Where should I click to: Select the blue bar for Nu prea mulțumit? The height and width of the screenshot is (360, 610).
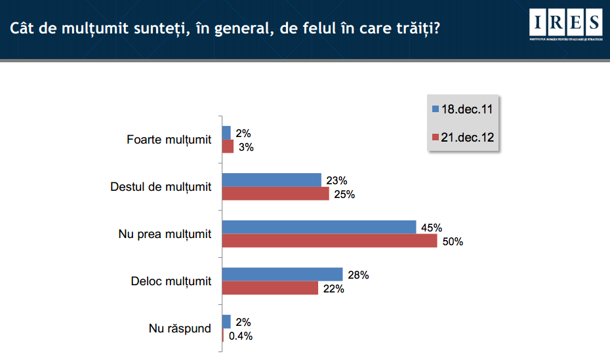(x=319, y=227)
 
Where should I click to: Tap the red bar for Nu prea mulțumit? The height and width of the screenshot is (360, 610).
(x=330, y=241)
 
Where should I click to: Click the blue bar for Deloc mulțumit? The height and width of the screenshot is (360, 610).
(x=283, y=274)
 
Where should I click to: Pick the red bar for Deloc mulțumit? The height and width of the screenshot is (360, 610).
(x=270, y=288)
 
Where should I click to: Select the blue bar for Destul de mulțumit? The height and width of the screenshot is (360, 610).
(x=272, y=180)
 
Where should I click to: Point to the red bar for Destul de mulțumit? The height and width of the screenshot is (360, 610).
(x=275, y=193)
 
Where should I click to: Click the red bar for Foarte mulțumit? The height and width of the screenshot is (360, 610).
(x=228, y=146)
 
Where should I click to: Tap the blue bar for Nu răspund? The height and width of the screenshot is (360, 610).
(x=227, y=321)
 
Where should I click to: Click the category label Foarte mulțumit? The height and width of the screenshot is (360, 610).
(x=169, y=140)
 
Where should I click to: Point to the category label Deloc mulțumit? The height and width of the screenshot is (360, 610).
(x=171, y=281)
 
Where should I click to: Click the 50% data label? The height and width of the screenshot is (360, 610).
(x=452, y=241)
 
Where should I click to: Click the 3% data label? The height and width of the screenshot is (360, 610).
(x=246, y=147)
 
